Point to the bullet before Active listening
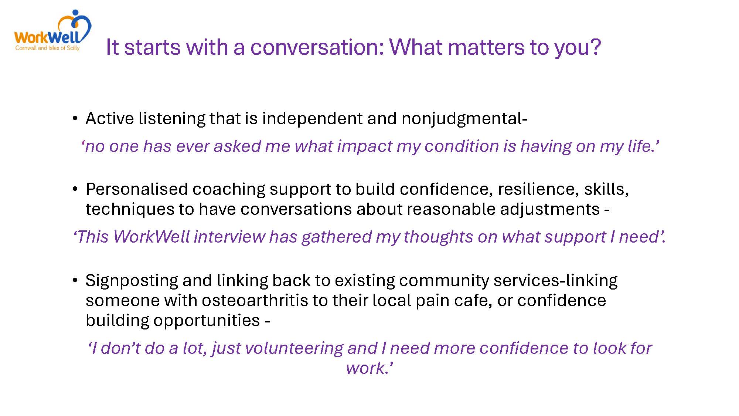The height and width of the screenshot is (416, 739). tap(75, 119)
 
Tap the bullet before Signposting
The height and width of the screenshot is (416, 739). tap(75, 280)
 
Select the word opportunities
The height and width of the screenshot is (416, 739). tap(207, 321)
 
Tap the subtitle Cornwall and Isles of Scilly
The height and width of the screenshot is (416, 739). tap(47, 48)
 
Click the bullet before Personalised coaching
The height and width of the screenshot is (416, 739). tap(75, 189)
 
